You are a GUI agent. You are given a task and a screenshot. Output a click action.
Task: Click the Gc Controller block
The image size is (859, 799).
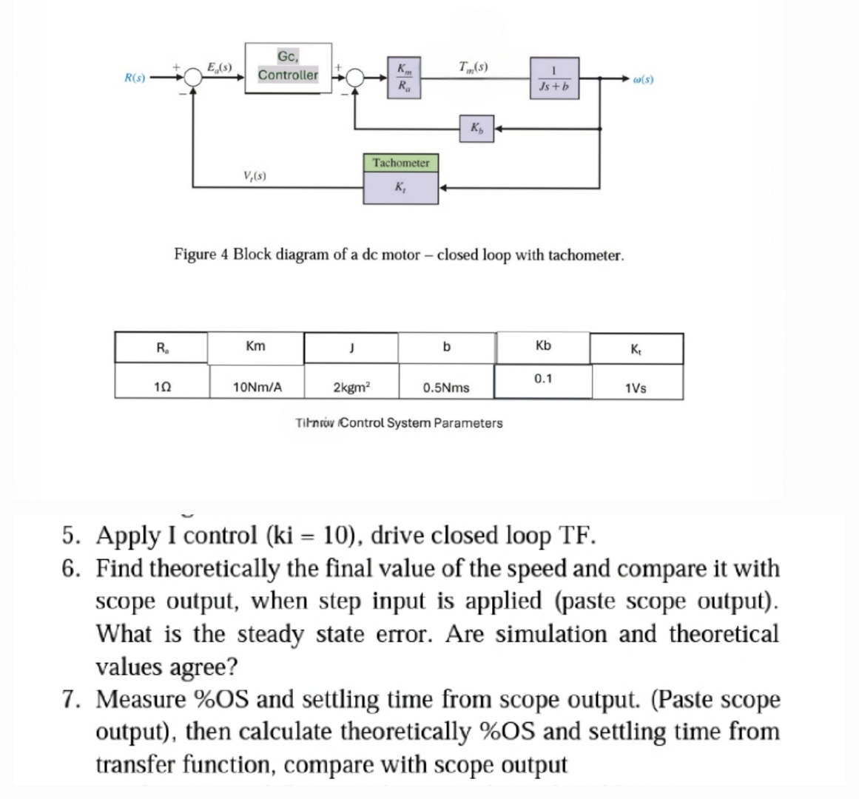tap(288, 67)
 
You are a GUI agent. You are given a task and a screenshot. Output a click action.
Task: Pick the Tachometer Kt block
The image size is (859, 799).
tap(400, 177)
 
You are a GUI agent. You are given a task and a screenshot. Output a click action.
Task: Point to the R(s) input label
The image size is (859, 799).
tap(134, 77)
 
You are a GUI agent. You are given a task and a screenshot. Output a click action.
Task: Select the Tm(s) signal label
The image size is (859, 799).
tap(474, 67)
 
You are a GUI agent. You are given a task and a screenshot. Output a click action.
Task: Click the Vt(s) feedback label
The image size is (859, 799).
tap(255, 176)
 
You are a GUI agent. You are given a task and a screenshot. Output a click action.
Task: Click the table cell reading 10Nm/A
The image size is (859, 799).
tap(256, 386)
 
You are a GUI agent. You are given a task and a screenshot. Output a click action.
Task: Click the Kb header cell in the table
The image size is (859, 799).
tap(543, 346)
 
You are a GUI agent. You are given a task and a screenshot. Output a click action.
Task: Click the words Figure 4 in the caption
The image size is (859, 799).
tap(201, 255)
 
